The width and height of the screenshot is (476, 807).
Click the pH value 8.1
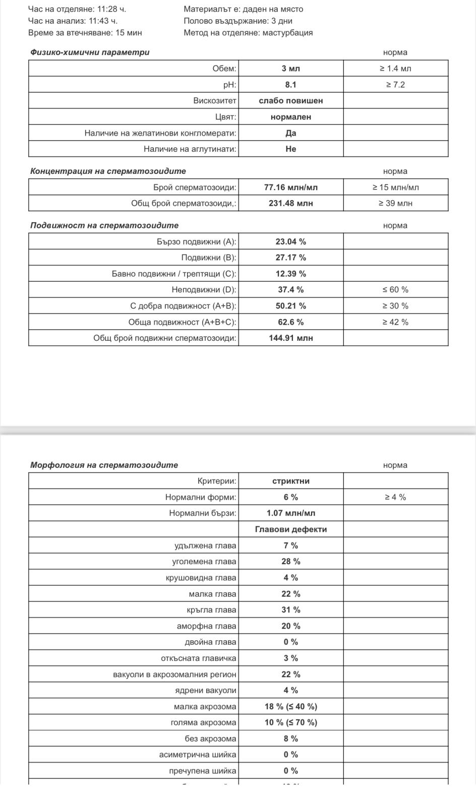(290, 85)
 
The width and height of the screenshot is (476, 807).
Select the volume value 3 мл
(290, 69)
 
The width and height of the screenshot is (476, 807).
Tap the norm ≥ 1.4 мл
(395, 69)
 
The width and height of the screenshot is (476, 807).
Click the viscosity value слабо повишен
(290, 101)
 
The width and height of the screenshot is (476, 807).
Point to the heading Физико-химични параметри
(90, 52)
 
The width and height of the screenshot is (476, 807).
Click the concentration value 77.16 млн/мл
(290, 188)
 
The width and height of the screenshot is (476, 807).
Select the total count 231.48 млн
(290, 204)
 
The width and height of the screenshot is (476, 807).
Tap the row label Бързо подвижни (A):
(196, 242)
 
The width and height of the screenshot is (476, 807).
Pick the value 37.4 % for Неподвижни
(290, 290)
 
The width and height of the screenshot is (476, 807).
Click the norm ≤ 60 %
(395, 290)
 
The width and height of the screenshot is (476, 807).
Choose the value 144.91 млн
(290, 338)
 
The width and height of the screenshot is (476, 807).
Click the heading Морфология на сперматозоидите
(104, 465)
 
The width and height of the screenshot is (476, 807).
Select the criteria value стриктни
(290, 481)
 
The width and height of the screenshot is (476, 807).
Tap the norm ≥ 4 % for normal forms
(395, 498)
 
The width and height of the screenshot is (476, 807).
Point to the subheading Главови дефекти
(290, 530)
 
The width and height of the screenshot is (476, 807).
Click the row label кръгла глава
(211, 610)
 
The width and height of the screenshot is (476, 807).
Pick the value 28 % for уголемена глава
(290, 562)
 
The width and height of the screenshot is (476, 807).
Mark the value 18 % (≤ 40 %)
(290, 707)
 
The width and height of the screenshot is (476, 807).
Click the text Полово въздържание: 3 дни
(238, 21)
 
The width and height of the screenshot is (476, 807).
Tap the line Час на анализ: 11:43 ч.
(73, 21)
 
